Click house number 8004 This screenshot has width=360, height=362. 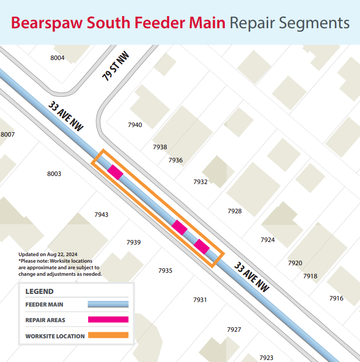pos(57,58)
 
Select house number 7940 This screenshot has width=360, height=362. pos(135,125)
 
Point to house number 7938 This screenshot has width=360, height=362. pos(160,147)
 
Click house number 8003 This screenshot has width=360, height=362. pos(54,174)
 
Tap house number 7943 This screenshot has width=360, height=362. pos(101,215)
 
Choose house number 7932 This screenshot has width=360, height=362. pos(201,182)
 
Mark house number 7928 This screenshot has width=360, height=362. pos(234,211)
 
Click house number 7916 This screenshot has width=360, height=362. pos(336,298)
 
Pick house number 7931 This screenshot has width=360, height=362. pos(200,300)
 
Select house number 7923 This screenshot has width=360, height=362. pos(266,357)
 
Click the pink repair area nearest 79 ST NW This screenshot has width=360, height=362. pos(115,172)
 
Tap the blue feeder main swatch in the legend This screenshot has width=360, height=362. pos(108,305)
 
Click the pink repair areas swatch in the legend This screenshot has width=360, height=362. pos(108,320)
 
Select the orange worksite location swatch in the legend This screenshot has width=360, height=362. pos(108,335)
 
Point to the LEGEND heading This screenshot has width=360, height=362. pos(39,291)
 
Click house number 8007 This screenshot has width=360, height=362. pos(8,135)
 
